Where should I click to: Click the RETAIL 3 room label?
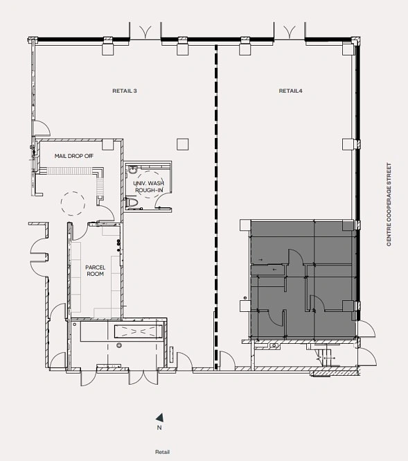125,91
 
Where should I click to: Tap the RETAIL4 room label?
290,91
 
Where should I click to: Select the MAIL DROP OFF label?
74,156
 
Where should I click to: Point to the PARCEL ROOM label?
95,270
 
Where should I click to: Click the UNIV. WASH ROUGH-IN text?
149,186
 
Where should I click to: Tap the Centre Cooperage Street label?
389,205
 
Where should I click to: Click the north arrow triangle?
160,417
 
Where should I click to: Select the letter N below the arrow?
159,428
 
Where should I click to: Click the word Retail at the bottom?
162,452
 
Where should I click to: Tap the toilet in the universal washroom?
132,202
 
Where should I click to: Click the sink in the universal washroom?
132,170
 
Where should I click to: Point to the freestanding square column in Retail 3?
182,144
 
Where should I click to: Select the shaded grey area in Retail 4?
303,279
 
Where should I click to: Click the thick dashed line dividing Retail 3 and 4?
217,207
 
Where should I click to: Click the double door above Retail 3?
145,31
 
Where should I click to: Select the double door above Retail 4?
290,31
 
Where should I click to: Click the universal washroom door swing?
162,200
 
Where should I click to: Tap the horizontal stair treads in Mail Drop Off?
69,171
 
